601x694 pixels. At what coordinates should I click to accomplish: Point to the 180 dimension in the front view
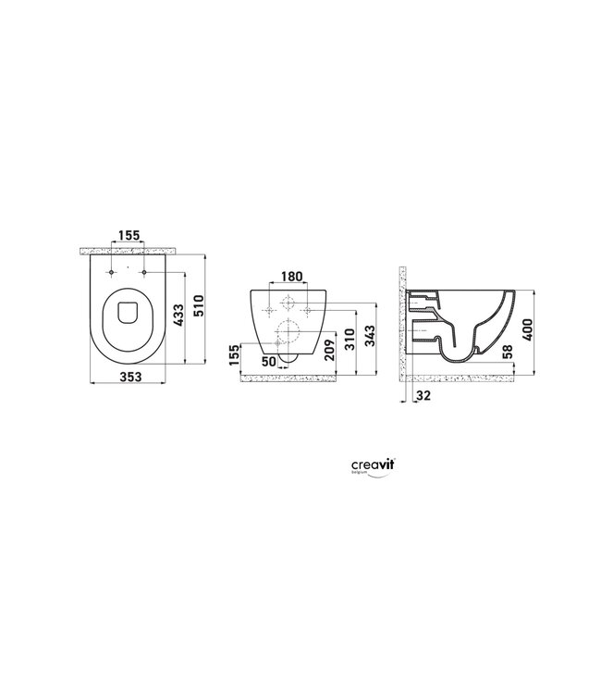tap(290, 277)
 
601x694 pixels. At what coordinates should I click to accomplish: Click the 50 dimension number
tap(269, 361)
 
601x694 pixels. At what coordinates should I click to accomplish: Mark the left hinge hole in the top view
tap(110, 272)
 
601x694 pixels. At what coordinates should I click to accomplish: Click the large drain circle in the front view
tap(290, 331)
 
